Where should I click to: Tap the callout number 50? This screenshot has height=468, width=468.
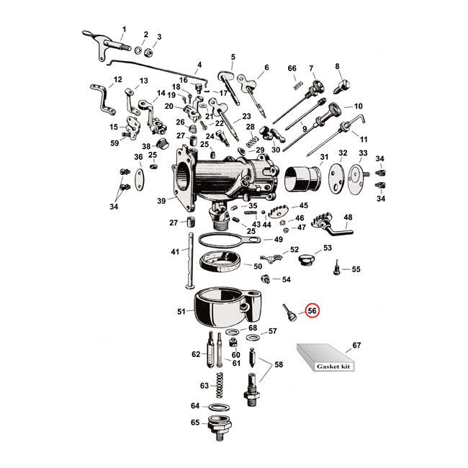[258, 266]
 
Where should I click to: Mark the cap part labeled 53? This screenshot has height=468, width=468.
[307, 257]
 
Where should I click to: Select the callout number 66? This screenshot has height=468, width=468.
[292, 68]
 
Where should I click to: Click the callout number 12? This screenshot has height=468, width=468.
[118, 79]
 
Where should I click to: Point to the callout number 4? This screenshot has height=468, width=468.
[199, 64]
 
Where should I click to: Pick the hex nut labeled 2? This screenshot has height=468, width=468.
[145, 50]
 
